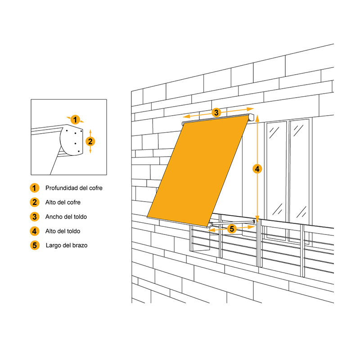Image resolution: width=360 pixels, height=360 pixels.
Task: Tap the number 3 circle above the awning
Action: click(216, 112)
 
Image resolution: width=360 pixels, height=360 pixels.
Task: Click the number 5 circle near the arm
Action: click(232, 229)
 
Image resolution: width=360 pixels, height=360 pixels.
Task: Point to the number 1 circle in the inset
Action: click(76, 119)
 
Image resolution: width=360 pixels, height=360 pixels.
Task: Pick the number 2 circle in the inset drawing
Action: click(90, 141)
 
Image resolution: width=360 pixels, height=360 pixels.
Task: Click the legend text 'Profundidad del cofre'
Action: click(74, 188)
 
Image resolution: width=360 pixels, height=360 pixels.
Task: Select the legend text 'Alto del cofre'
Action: click(63, 202)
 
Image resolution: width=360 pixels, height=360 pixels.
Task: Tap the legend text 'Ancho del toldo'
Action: click(66, 216)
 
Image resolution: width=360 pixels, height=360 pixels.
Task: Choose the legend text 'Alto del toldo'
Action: click(63, 231)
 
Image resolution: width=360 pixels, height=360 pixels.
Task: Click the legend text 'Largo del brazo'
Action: click(67, 245)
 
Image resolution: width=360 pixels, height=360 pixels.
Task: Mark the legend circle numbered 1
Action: click(35, 188)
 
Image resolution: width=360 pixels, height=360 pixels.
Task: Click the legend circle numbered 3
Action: click(35, 216)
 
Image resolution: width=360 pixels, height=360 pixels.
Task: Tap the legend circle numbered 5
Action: click(35, 245)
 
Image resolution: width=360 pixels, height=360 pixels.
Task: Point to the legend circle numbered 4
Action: click(35, 231)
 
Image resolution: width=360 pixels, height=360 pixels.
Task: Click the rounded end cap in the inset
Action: click(72, 142)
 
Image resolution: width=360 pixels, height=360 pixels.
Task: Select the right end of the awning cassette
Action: click(252, 117)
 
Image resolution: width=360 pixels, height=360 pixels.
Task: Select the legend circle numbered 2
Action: click(35, 202)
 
